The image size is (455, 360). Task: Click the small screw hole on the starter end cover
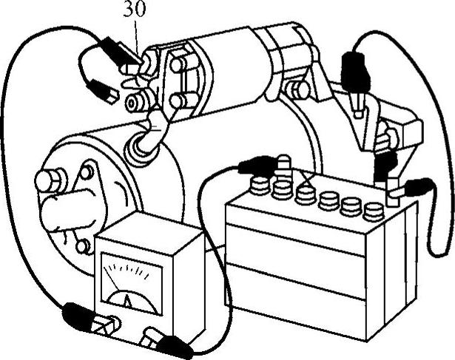point(87,172)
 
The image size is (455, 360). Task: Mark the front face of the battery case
point(296,274)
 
